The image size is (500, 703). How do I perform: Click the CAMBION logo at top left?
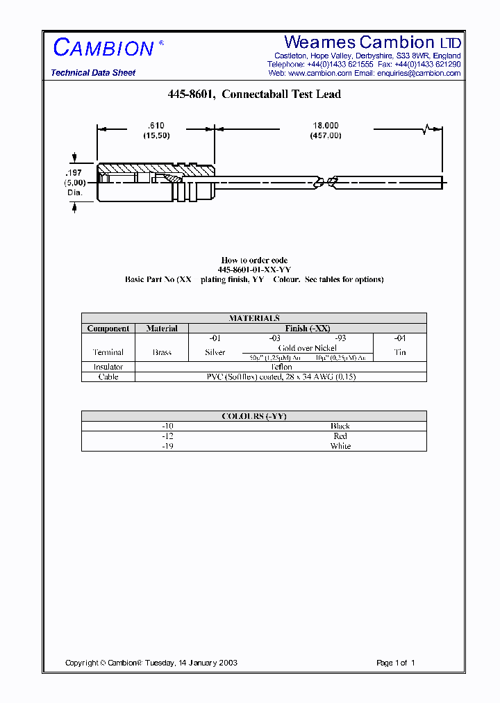click(x=103, y=48)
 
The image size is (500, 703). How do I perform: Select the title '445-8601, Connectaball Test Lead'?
click(x=254, y=94)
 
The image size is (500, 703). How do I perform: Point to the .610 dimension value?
click(x=156, y=126)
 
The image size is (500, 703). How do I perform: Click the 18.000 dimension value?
click(x=326, y=126)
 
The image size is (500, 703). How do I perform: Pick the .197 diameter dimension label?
click(x=74, y=172)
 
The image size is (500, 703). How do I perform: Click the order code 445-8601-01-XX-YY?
click(x=254, y=270)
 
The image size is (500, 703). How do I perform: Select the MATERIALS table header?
click(x=254, y=318)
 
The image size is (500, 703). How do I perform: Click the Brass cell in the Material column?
click(x=162, y=352)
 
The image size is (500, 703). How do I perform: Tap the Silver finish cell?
click(x=215, y=352)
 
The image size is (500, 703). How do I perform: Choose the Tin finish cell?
click(x=400, y=352)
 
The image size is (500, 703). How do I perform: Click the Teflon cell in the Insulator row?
click(x=281, y=367)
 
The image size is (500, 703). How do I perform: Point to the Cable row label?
click(x=108, y=377)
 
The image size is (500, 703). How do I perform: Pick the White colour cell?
click(x=340, y=446)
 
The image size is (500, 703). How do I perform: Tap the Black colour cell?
click(x=340, y=426)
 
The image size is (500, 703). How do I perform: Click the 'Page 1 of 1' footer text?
click(x=395, y=663)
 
